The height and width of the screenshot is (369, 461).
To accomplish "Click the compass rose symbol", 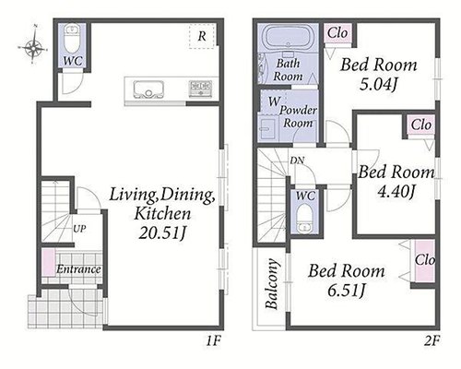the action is coord(33,46).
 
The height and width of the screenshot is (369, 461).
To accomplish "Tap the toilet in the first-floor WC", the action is coord(73,40).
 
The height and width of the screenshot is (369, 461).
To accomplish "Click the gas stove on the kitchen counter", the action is coord(200,89).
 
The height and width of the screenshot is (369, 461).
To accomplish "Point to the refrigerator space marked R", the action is coord(202,36).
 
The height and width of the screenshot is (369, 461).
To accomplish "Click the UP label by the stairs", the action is coord(79,229).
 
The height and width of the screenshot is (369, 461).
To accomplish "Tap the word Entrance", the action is coord(78,269).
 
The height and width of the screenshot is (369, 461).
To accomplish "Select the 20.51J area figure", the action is coord(161,233).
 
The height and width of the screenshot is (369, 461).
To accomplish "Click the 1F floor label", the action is coord(213,340).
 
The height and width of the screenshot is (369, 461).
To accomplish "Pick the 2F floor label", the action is coord(431,340).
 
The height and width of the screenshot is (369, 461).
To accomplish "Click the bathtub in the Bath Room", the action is coord(288,39).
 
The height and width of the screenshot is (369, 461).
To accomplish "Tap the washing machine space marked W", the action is coord(272,101).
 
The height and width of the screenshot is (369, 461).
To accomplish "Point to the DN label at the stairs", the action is coord(297,161).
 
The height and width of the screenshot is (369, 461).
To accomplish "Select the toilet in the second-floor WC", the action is coord(303,219).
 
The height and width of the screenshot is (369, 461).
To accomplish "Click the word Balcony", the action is coord(272,284).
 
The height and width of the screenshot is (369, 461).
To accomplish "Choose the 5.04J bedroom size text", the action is coord(378,84).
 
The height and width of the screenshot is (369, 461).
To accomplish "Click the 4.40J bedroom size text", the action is coord(396,192).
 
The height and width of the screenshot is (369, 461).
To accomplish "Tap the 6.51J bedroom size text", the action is coord(346,291).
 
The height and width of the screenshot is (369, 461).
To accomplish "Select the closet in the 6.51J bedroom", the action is coord(425,261).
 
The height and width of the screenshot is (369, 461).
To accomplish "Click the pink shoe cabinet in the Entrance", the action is coord(49,263).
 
